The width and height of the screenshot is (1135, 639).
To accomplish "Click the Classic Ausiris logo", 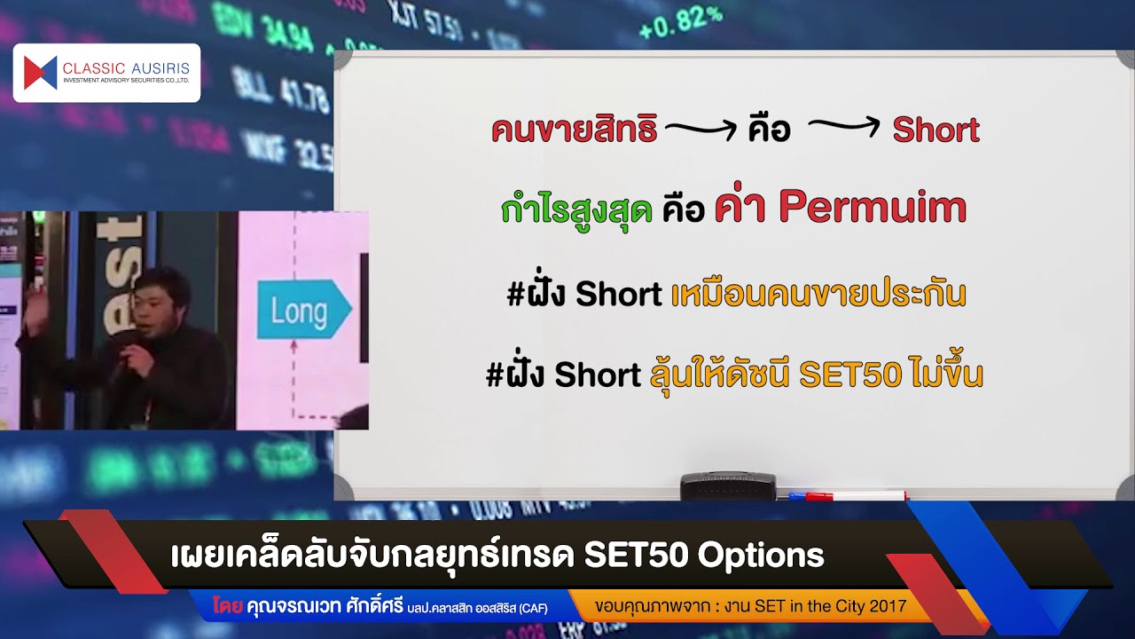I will click(106, 73).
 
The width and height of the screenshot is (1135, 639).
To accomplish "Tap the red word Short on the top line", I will click(935, 130).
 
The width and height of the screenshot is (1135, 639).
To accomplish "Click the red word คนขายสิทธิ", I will click(574, 130).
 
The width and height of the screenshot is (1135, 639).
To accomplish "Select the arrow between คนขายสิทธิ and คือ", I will click(701, 131).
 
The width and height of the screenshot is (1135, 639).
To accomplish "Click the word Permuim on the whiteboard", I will click(873, 208).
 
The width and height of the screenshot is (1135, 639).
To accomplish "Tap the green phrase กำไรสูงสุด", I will click(576, 209).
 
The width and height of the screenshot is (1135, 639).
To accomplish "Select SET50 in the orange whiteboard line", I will click(850, 375).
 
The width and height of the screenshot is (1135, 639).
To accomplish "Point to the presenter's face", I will click(157, 300).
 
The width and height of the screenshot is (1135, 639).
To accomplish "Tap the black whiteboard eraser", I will click(727, 485).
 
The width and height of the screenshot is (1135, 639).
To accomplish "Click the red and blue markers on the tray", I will click(848, 495).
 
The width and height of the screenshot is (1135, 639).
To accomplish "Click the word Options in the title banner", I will click(761, 555).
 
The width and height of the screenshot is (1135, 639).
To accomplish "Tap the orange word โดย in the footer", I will click(228, 607).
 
